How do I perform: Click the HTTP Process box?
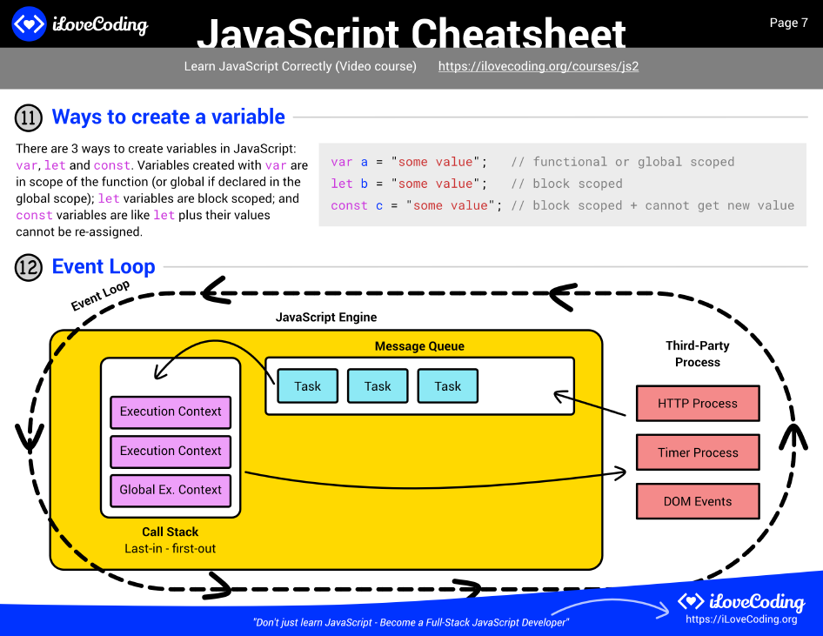[x=697, y=404]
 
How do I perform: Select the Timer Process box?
[x=697, y=452]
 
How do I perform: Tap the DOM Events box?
[x=697, y=501]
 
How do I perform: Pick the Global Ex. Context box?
[x=171, y=490]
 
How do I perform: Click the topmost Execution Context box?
[x=171, y=412]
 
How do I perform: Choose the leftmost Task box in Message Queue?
[x=307, y=386]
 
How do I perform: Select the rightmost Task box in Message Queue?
[x=447, y=386]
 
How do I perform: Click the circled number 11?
[x=29, y=117]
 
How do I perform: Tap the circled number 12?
[x=29, y=267]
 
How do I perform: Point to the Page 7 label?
[x=788, y=23]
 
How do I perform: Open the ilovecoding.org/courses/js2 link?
[x=538, y=66]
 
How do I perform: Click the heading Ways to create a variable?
[x=168, y=117]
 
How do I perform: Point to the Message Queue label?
[x=419, y=346]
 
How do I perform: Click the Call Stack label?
[x=171, y=532]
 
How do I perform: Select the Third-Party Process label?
[x=697, y=354]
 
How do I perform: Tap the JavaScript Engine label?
[x=326, y=318]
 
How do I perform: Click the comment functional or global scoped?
[x=623, y=162]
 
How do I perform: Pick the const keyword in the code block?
[x=349, y=206]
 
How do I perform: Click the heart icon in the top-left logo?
[x=29, y=24]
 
